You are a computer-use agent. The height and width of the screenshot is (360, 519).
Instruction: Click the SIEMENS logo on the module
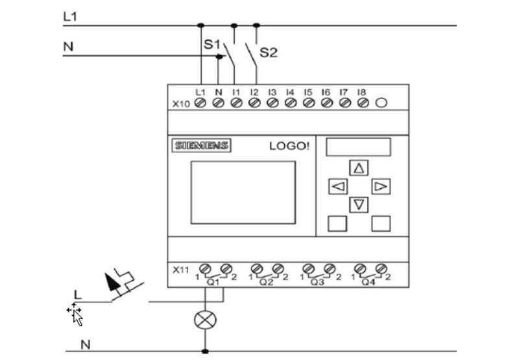(201, 145)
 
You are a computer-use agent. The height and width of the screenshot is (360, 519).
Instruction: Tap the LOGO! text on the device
(289, 146)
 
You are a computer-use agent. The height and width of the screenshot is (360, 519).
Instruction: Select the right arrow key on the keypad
(381, 187)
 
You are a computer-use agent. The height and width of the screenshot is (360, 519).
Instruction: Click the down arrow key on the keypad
(359, 204)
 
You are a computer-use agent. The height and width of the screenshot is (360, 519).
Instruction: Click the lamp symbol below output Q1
(205, 320)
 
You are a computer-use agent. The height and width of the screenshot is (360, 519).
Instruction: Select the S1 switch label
(212, 44)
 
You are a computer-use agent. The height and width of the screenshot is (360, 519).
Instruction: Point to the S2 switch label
(269, 53)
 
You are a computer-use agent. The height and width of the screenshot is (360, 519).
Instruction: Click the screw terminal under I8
(363, 103)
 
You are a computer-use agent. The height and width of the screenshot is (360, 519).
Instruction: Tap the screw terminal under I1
(236, 103)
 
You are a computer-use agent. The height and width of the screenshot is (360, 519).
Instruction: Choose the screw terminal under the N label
(218, 103)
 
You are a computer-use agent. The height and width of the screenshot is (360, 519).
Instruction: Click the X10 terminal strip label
(181, 104)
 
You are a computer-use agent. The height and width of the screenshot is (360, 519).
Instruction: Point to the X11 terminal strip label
(181, 270)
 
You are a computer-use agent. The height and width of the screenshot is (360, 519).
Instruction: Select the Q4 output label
(368, 282)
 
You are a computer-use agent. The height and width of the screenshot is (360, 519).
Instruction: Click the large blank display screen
(243, 193)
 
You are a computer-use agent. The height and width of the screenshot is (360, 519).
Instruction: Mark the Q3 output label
(317, 282)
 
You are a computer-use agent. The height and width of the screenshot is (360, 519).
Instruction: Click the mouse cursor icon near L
(75, 315)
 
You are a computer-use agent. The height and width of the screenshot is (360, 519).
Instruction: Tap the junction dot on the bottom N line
(205, 351)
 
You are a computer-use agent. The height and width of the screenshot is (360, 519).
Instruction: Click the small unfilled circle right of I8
(381, 103)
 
